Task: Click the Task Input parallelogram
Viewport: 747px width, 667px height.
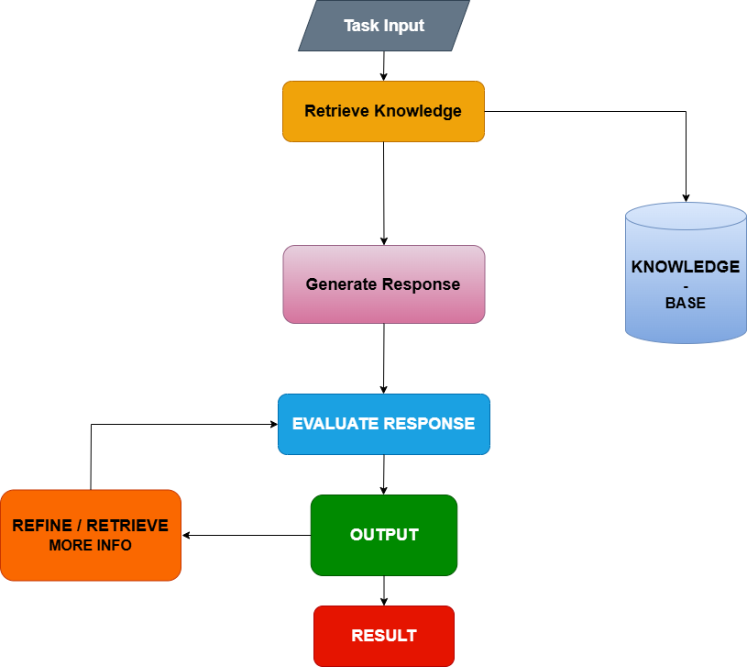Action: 384,26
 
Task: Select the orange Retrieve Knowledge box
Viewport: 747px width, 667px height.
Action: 383,112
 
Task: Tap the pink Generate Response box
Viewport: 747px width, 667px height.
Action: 383,284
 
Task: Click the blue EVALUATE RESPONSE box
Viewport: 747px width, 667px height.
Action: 383,424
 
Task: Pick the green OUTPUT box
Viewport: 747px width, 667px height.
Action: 383,535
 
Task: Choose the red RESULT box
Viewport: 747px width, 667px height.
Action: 383,636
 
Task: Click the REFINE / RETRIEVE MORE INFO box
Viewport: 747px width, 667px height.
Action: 90,535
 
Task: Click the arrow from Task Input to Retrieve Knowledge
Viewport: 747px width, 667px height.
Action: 383,65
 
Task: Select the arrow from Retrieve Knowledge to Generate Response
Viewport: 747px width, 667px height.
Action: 383,193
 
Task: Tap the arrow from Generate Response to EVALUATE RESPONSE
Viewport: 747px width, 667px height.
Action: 383,358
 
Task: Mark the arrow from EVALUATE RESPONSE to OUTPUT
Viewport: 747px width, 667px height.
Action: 383,474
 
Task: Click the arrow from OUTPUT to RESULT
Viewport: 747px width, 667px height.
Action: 383,590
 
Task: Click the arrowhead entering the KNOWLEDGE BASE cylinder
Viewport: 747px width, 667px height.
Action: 686,197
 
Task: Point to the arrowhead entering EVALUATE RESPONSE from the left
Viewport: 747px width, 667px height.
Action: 272,424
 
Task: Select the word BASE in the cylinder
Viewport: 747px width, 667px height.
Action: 686,303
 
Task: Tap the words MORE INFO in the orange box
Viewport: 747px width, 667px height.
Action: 90,545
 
